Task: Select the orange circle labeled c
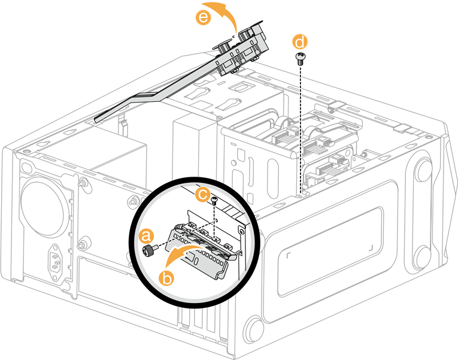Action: pyautogui.click(x=203, y=194)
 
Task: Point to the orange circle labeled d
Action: pyautogui.click(x=300, y=42)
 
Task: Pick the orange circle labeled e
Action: pyautogui.click(x=204, y=18)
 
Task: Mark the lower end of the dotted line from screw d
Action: pyautogui.click(x=299, y=193)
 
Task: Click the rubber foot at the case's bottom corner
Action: pyautogui.click(x=255, y=329)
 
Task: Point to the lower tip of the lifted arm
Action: pyautogui.click(x=99, y=117)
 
